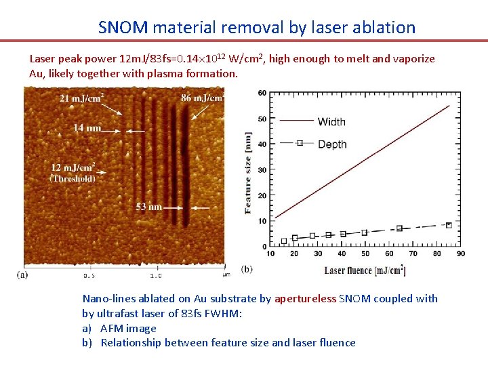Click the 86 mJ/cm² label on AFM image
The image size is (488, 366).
click(201, 98)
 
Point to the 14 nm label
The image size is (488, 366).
click(87, 127)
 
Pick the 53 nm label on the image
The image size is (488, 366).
click(148, 207)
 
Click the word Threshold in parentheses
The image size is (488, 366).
click(73, 179)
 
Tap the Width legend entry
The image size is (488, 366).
click(331, 122)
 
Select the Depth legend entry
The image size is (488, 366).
click(332, 144)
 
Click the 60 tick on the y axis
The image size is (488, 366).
click(262, 93)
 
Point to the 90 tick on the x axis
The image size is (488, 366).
click(460, 253)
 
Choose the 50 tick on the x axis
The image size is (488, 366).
click(365, 253)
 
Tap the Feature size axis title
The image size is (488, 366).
click(249, 173)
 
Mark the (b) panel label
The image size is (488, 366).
click(247, 269)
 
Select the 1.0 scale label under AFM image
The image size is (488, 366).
click(155, 276)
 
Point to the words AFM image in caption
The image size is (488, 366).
click(128, 328)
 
